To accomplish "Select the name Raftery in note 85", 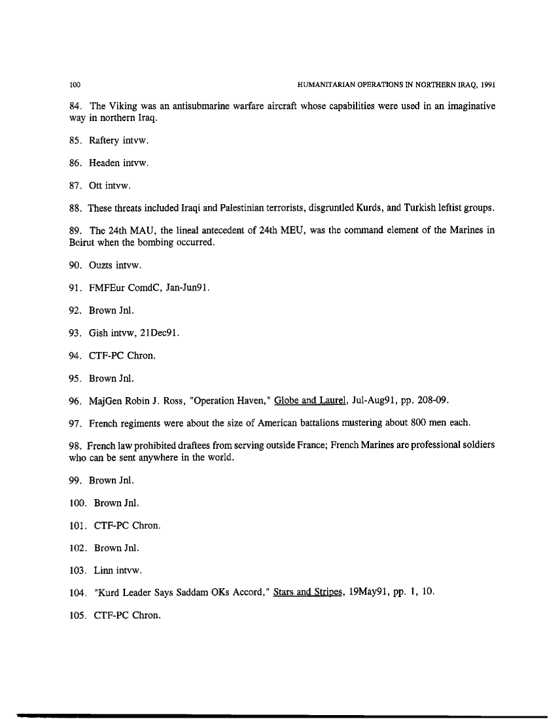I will tap(107, 139).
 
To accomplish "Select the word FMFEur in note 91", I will tap(108, 289).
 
